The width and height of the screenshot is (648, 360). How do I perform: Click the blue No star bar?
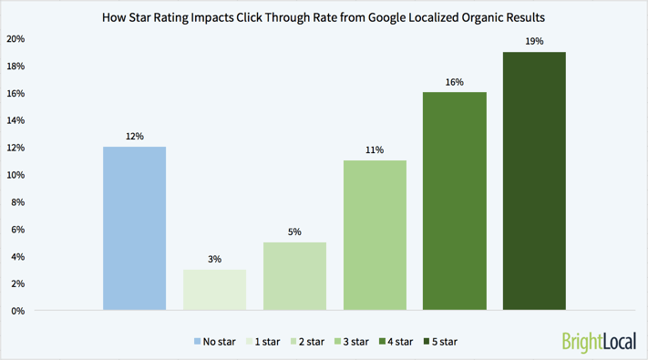click(x=135, y=229)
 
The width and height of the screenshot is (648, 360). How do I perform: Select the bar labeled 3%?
click(x=214, y=290)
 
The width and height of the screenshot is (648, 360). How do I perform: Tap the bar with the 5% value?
click(x=294, y=276)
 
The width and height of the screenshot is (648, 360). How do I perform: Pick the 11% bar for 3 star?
click(x=375, y=235)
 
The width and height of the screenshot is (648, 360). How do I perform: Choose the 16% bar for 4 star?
click(x=454, y=201)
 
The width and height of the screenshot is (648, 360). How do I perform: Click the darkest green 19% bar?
click(x=534, y=181)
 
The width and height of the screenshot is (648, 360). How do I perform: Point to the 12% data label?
click(x=135, y=137)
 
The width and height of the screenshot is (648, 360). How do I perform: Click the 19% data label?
click(x=534, y=42)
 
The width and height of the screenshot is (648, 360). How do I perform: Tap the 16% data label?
click(x=454, y=82)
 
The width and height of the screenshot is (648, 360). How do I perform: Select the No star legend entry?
click(x=215, y=342)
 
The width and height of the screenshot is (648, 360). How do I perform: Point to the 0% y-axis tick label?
click(x=18, y=311)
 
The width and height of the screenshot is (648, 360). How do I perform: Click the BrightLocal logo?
click(x=597, y=342)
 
